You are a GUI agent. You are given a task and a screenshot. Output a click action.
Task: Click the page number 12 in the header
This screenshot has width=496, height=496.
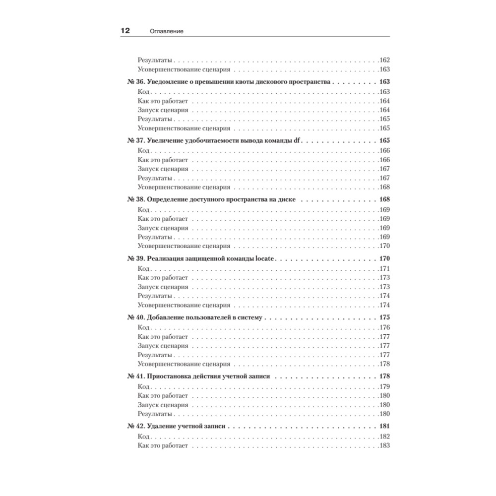pos(125,31)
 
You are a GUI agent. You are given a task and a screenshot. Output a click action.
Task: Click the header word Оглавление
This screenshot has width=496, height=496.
pos(167,31)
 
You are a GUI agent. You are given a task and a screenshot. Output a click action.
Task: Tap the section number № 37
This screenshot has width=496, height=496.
pos(135,140)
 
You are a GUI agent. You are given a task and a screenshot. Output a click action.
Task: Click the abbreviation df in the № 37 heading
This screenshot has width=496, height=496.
pos(297,140)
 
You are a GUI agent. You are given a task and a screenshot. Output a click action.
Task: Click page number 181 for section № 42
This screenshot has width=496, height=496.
pos(384,426)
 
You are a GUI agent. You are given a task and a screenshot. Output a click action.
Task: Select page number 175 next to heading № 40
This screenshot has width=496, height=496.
pos(384,317)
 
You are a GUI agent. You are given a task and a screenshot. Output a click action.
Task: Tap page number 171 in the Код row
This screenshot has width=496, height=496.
pos(385,268)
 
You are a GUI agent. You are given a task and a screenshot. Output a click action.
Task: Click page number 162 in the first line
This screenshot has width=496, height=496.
pos(385,60)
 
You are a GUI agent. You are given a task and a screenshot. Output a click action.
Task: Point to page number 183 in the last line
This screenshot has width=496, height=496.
pos(385,445)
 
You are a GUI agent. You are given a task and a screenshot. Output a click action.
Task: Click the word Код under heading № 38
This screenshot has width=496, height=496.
pos(144,209)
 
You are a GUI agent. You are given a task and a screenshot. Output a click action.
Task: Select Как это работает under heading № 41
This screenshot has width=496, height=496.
pos(163,395)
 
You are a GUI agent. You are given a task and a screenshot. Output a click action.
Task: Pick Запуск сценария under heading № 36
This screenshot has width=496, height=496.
pos(163,110)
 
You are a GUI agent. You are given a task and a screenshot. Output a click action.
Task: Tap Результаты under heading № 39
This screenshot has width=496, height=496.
pos(155,296)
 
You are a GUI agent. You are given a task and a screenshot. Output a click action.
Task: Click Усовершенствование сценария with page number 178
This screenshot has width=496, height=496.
pos(184,364)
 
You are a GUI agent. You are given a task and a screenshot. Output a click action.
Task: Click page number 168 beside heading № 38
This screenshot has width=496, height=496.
pos(384,199)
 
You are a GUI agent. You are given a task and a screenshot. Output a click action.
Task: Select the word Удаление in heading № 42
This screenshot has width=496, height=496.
pos(162,426)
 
